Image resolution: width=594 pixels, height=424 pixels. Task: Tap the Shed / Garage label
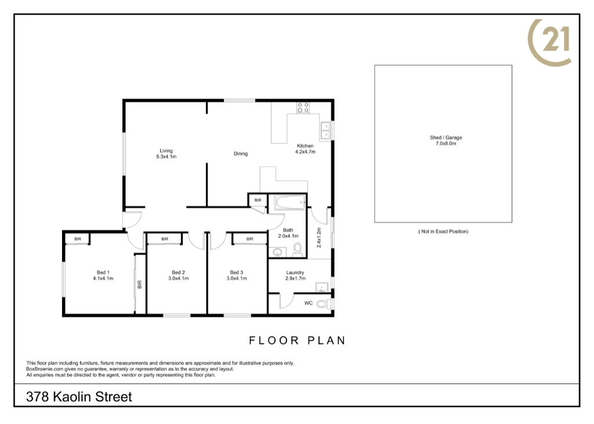point(446,138)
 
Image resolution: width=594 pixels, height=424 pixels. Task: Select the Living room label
point(166,150)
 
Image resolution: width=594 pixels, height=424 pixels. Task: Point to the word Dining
point(241,153)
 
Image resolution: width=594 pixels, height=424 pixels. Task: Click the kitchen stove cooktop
point(303,107)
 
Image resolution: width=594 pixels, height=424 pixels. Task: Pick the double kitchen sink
point(325,131)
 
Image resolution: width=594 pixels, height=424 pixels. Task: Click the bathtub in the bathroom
point(291,202)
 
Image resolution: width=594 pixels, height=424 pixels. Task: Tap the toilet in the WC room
point(323,304)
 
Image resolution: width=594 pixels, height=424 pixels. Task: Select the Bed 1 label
point(103,272)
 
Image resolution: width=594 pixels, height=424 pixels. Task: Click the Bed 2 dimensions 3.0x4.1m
point(179,278)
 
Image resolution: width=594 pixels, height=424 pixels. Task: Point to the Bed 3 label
point(237,272)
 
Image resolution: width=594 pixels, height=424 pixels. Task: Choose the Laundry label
point(295,272)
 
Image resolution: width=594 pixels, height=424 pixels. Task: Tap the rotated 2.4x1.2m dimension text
point(319,238)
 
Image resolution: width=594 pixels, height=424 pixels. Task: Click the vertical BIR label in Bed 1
point(139,285)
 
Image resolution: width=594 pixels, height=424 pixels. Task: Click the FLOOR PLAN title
point(298,340)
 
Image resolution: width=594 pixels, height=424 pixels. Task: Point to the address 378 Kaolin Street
point(79,397)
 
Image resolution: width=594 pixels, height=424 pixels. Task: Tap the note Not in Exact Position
point(443,231)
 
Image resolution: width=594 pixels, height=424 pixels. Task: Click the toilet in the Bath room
point(298,250)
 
